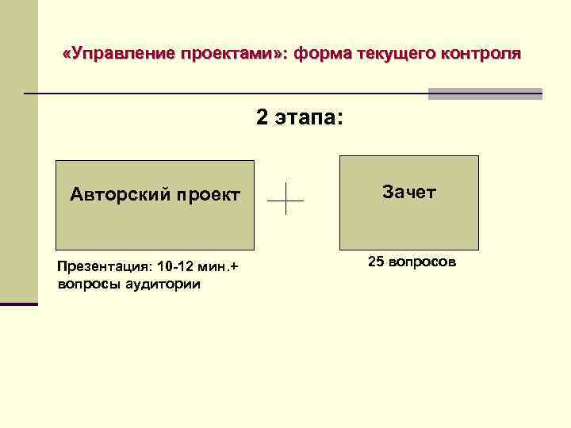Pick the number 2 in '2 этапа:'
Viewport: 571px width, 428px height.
click(x=262, y=117)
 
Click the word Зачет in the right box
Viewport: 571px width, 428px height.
click(x=409, y=192)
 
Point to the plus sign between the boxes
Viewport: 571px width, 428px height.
click(x=285, y=197)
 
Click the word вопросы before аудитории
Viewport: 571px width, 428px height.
click(x=83, y=284)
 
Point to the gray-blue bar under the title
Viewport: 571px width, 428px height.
click(x=485, y=94)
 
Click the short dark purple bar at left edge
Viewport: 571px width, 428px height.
click(x=18, y=304)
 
